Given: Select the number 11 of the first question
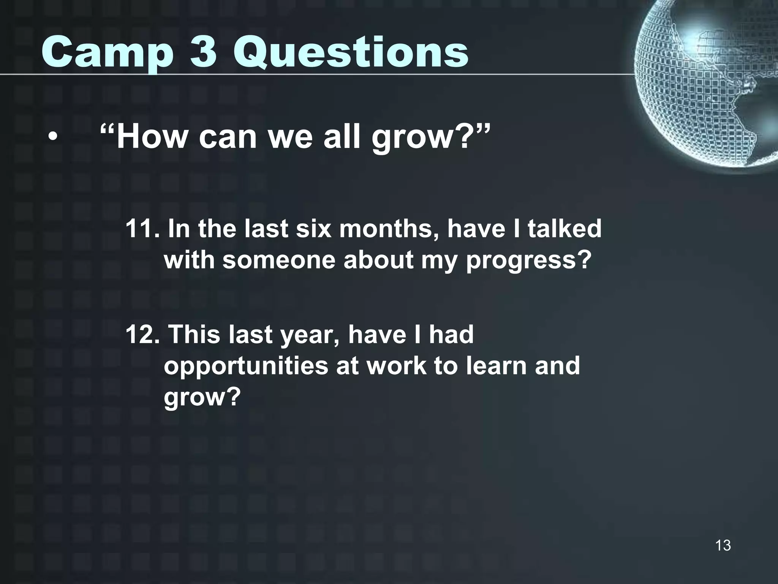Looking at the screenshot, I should click(140, 229).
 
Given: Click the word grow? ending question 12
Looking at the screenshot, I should click(202, 398).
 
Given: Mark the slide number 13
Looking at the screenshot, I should click(723, 545).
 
